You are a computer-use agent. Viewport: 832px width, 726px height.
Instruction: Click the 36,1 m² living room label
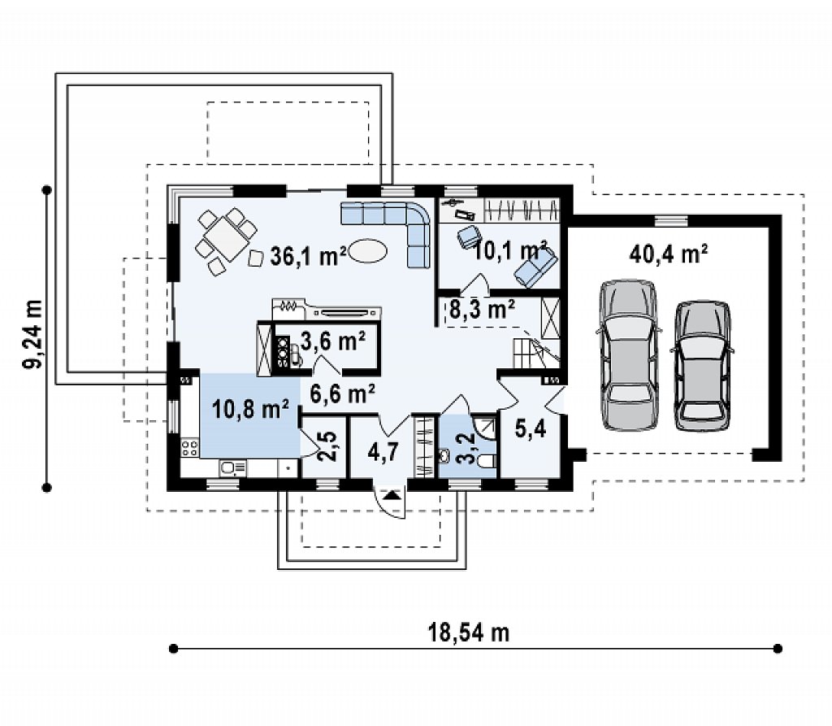coord(308,257)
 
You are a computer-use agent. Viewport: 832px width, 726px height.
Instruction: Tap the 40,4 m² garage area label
coord(669,254)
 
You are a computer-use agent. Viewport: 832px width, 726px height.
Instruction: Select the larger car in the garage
coord(629,354)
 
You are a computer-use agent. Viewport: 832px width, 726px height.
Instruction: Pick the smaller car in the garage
coord(702,365)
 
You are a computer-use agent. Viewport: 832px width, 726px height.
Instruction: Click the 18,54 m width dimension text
coord(469,633)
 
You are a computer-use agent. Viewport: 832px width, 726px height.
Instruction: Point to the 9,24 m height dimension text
coord(32,335)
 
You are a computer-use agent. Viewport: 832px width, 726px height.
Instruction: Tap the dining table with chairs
coord(226,241)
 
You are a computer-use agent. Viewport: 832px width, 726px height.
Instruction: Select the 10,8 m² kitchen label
coord(250,408)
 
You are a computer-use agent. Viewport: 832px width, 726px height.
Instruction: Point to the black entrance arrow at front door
coord(392,495)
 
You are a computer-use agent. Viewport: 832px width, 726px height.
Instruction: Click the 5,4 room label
coord(531,429)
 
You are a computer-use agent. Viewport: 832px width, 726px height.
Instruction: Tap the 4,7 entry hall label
coord(383,453)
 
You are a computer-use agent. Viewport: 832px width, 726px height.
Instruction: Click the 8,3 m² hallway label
coord(482,309)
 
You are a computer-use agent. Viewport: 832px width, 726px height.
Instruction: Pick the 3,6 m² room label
coord(333,341)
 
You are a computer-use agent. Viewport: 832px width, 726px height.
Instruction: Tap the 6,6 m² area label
coord(342,393)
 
